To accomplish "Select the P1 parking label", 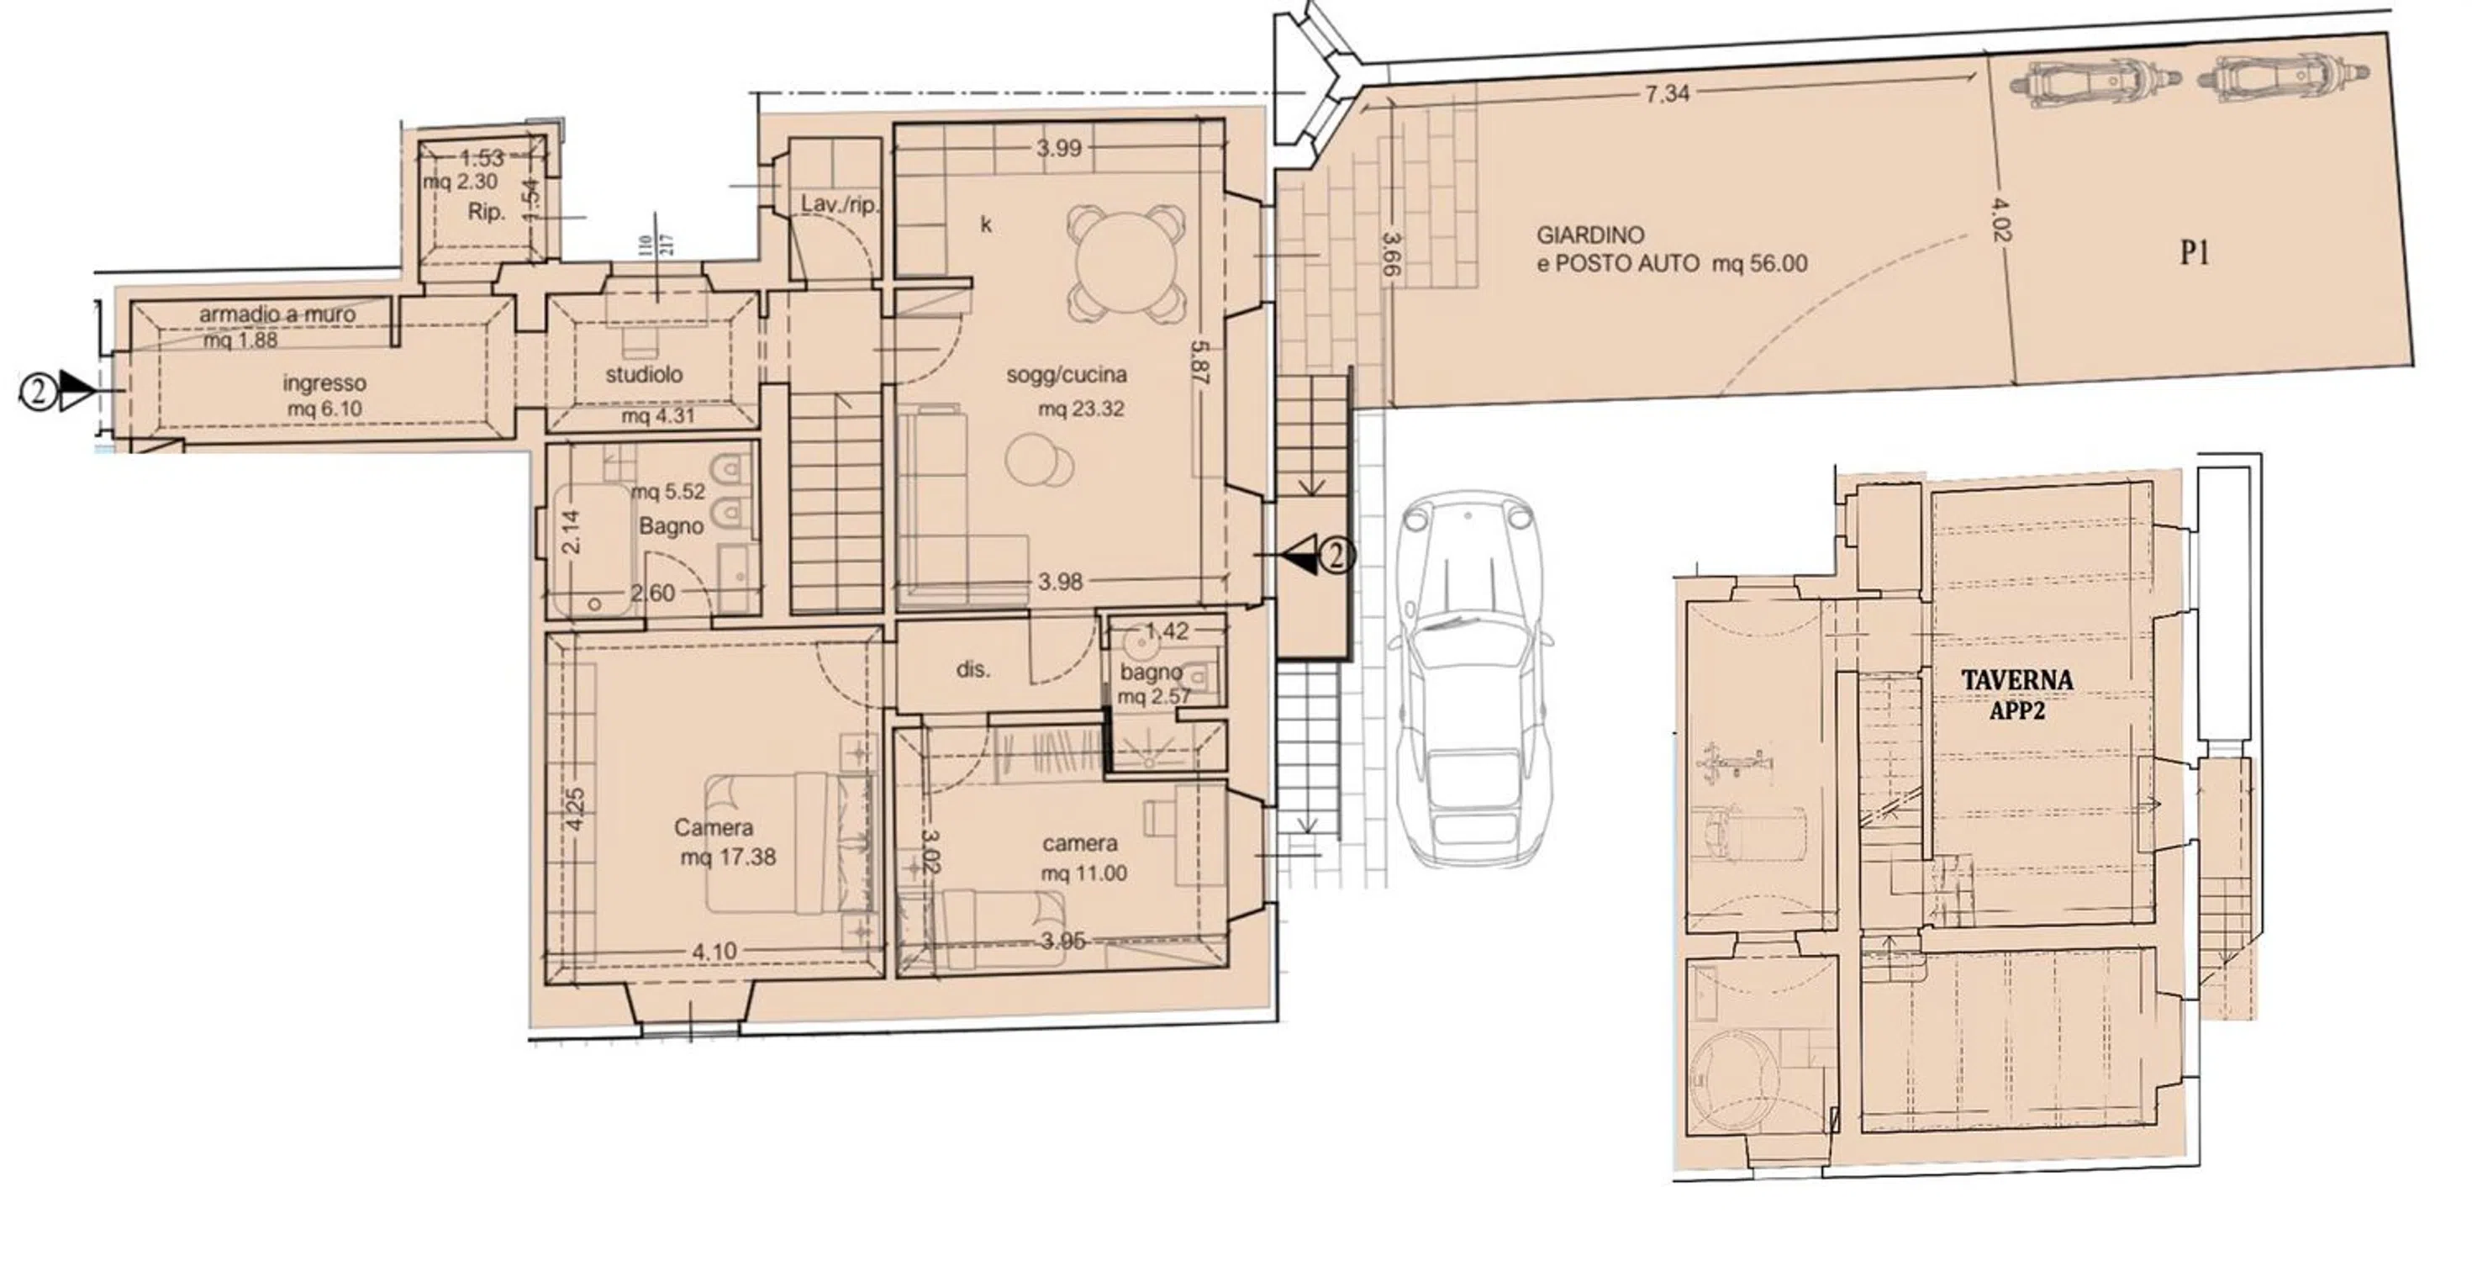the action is (2195, 255).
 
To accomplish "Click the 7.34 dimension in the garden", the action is (1668, 93).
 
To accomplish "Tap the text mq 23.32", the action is (1081, 409).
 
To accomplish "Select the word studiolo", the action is (644, 374).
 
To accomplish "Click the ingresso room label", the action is (324, 383).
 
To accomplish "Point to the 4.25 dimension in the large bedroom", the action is (574, 809).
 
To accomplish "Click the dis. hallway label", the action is (973, 670).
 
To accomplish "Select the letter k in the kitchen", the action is (986, 224).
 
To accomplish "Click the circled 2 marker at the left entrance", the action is (38, 392).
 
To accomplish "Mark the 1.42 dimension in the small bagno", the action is (1167, 630).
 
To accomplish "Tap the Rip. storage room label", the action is (487, 212).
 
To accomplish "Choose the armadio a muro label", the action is (277, 314).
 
